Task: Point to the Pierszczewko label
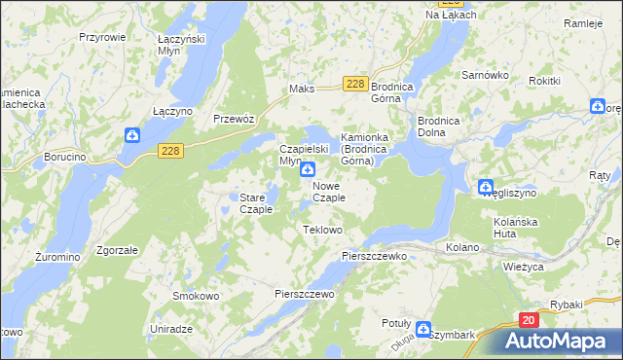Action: point(373,255)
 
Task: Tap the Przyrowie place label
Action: point(101,36)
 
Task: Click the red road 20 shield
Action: point(528,319)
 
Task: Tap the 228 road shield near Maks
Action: point(355,85)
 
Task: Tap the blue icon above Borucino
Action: point(131,135)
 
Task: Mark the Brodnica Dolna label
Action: point(437,126)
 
